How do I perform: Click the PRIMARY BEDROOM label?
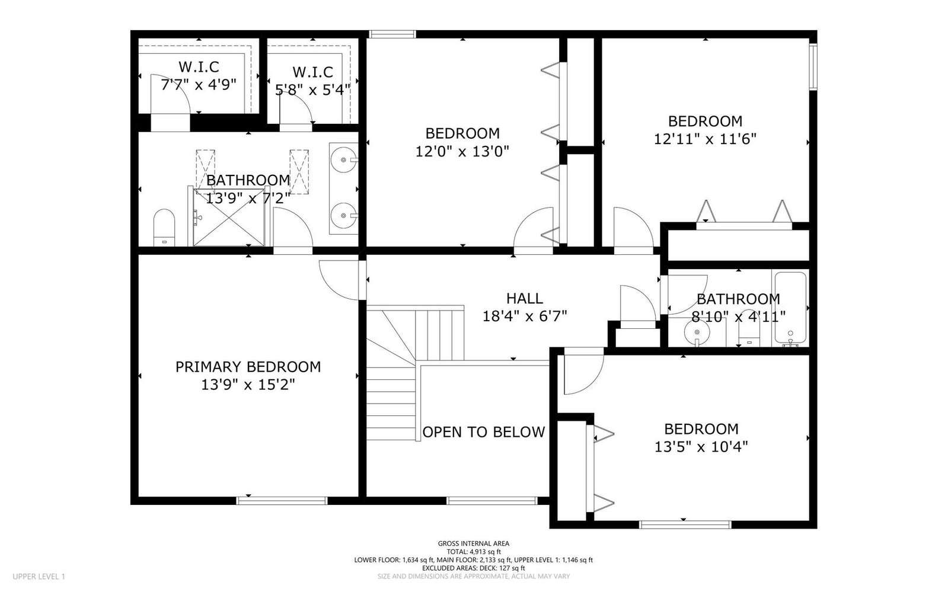[248, 367]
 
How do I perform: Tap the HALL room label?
[525, 299]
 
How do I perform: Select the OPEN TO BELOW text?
[484, 432]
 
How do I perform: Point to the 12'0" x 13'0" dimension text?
[462, 152]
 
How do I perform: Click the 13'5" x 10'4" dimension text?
[701, 447]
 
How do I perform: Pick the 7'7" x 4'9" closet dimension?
[199, 85]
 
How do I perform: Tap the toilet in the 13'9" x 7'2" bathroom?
[164, 228]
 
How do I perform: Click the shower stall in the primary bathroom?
[228, 217]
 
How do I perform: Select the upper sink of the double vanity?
[344, 159]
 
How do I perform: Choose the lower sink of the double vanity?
[344, 215]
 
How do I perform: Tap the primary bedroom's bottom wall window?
[282, 501]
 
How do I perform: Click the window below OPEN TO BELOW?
[492, 501]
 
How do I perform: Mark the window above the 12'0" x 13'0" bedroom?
[392, 34]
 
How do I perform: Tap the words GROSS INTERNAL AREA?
[474, 544]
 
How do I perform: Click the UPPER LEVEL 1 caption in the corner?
[39, 577]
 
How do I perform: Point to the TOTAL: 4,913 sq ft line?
[474, 552]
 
